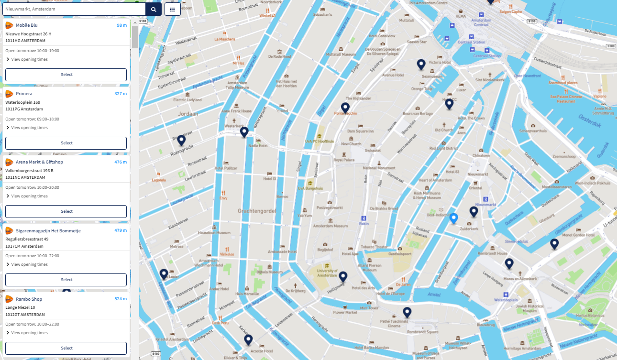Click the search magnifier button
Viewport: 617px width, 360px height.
click(154, 9)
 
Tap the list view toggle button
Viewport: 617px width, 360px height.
click(173, 9)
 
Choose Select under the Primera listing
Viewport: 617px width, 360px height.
click(66, 143)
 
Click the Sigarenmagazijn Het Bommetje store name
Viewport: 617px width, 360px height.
click(48, 230)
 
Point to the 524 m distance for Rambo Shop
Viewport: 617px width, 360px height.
click(121, 299)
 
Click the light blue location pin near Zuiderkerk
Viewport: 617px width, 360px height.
click(454, 218)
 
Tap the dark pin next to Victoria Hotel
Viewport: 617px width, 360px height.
click(421, 64)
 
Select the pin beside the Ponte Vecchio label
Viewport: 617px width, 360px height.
click(345, 108)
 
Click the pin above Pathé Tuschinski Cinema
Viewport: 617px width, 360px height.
click(407, 313)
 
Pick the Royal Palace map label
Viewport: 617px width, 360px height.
click(344, 160)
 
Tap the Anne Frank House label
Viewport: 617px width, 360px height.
click(236, 111)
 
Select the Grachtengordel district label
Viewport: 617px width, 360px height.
click(258, 210)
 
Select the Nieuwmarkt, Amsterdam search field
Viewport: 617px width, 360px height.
click(74, 9)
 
